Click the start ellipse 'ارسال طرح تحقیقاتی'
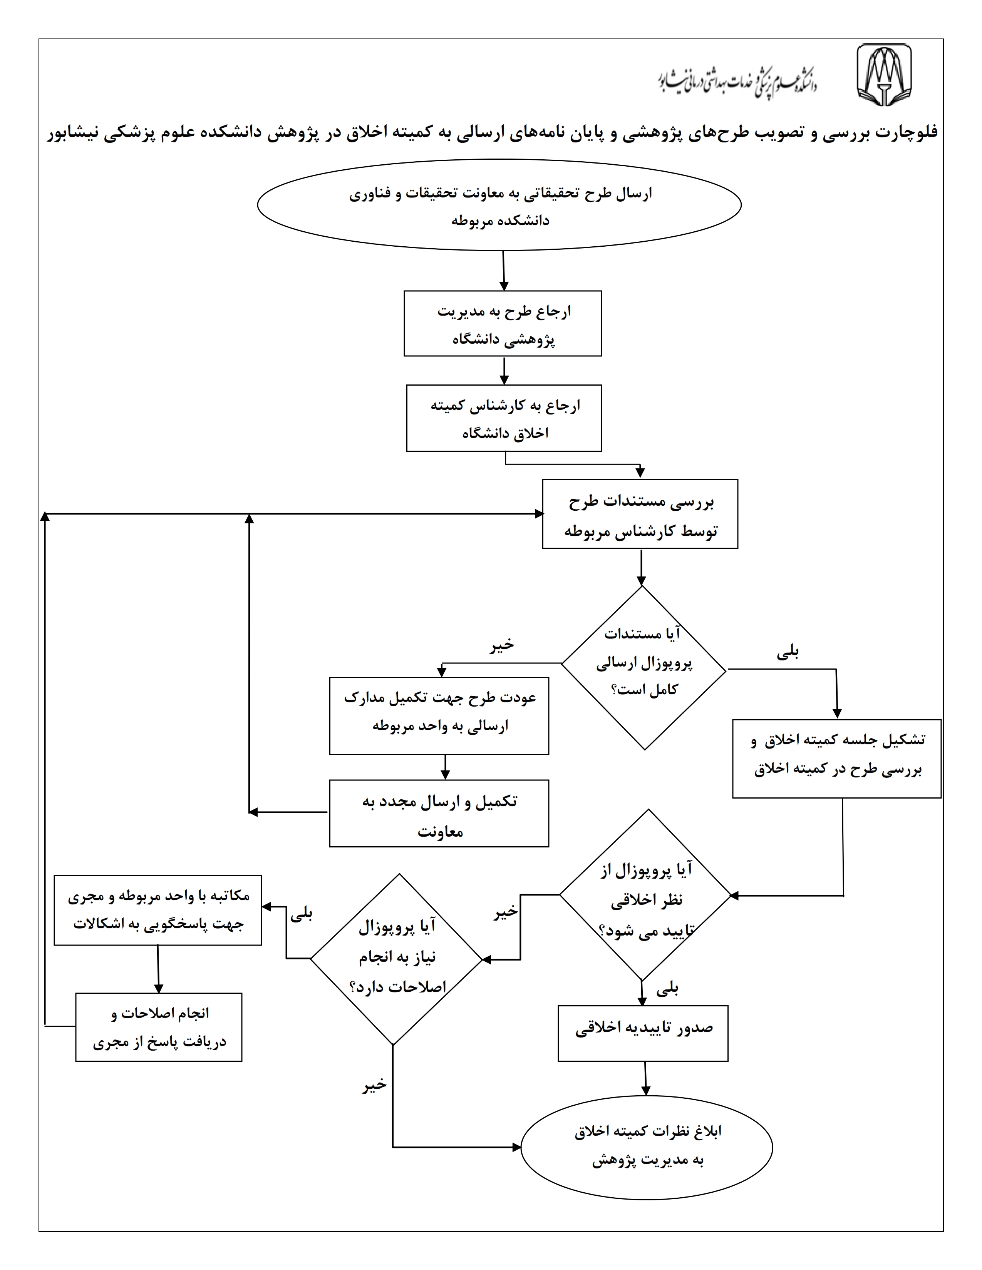pos(499,205)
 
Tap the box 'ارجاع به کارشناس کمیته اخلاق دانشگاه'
pos(504,418)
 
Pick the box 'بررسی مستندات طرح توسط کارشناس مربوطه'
pos(640,514)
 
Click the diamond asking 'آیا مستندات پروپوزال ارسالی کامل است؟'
pos(643,668)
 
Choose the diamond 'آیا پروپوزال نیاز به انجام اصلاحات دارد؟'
pos(396,959)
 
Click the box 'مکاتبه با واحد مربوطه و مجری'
pos(158,911)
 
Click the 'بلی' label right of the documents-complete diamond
pos(788,652)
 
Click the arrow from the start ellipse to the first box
pos(503,271)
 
